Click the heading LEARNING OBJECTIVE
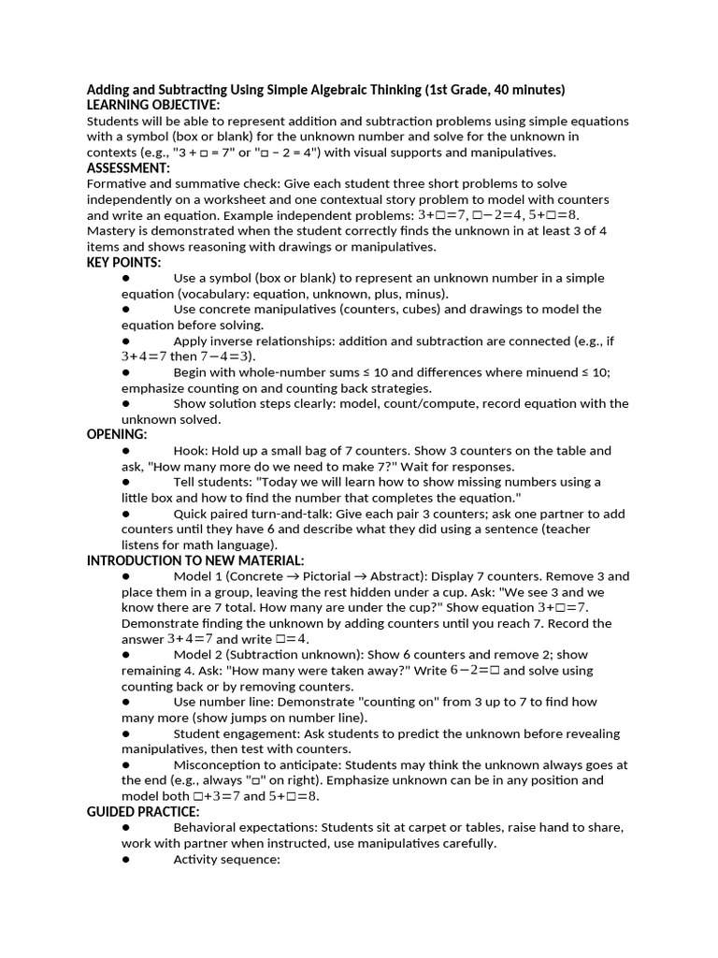pos(153,105)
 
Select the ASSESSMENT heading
pos(128,167)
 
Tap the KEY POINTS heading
pos(123,262)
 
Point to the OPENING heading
pos(117,435)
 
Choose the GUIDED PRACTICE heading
pos(143,812)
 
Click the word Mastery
pos(113,231)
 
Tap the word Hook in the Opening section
pos(190,451)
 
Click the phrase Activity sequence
pos(226,859)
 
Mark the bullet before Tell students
pos(125,482)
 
